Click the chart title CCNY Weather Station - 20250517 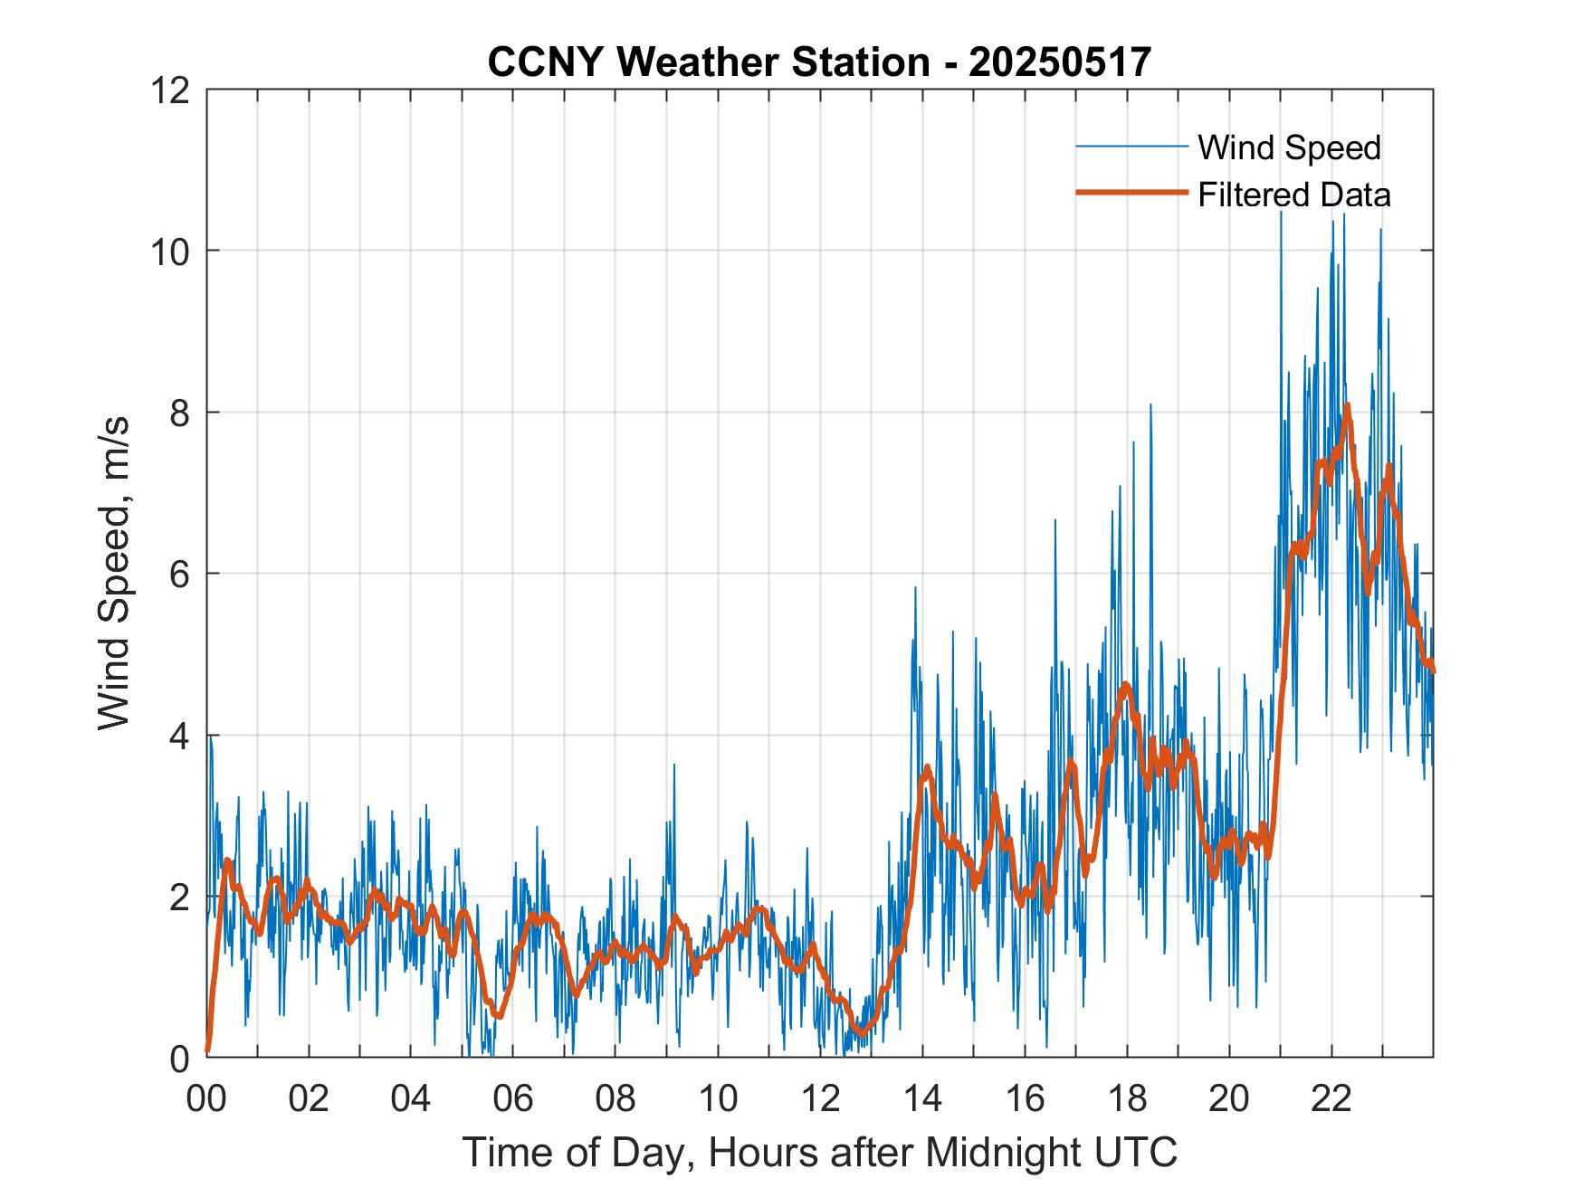point(819,62)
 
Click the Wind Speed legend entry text point(1289,147)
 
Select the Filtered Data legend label point(1293,195)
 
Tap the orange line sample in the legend point(1131,193)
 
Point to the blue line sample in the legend point(1131,147)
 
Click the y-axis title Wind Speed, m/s point(114,573)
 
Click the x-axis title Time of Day point(819,1152)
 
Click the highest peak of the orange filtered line point(1347,406)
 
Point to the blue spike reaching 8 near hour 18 point(1150,406)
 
